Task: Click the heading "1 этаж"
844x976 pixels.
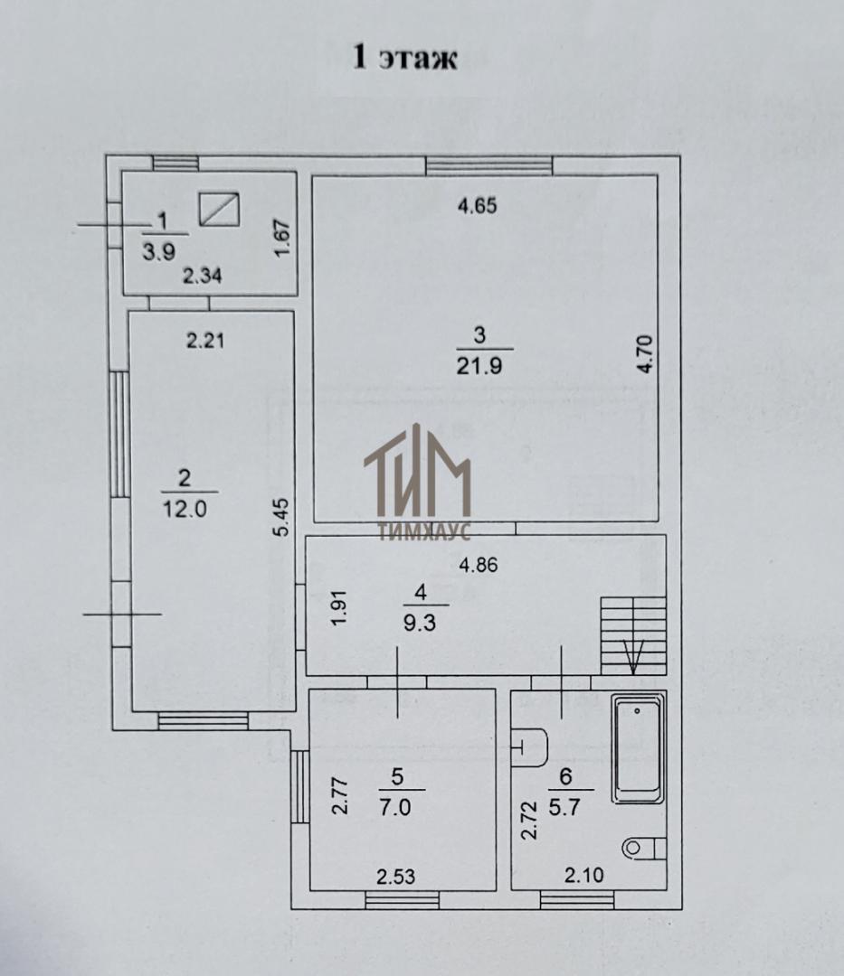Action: tap(405, 58)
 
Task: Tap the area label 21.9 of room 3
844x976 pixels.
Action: tap(479, 366)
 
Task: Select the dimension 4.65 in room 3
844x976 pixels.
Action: tap(477, 205)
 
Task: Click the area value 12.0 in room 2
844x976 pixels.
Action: tap(185, 509)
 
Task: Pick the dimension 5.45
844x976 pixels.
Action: tap(283, 517)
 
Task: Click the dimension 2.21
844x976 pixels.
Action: tap(205, 341)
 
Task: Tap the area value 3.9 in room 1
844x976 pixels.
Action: tap(159, 251)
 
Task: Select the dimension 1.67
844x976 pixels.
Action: tap(283, 238)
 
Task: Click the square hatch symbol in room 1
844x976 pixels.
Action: tap(219, 208)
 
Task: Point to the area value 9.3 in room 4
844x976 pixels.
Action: tap(420, 624)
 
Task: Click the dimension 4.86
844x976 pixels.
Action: tap(478, 566)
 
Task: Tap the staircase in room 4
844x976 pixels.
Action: tap(633, 635)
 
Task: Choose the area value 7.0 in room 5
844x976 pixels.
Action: tap(395, 808)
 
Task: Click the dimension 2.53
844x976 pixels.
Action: tap(395, 877)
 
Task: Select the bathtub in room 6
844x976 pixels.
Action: tap(639, 748)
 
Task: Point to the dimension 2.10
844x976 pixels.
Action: tap(583, 876)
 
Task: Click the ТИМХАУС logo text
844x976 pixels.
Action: tap(425, 532)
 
